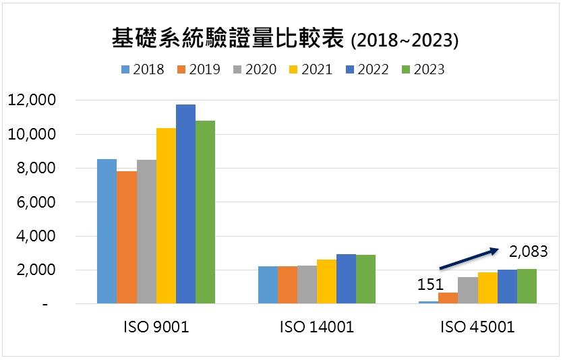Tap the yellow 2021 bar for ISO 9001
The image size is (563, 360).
click(166, 216)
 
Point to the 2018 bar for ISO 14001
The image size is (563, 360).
click(268, 285)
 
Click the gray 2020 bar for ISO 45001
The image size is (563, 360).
click(468, 291)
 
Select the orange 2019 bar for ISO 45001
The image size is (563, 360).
click(448, 298)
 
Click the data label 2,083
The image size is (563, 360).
click(528, 251)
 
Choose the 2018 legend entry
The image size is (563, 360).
click(142, 69)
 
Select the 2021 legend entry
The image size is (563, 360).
click(311, 69)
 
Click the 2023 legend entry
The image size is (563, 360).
click(423, 69)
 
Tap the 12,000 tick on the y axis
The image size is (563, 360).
click(31, 100)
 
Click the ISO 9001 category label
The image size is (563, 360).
click(156, 328)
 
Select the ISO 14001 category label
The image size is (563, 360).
click(317, 328)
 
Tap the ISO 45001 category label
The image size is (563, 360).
click(478, 328)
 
